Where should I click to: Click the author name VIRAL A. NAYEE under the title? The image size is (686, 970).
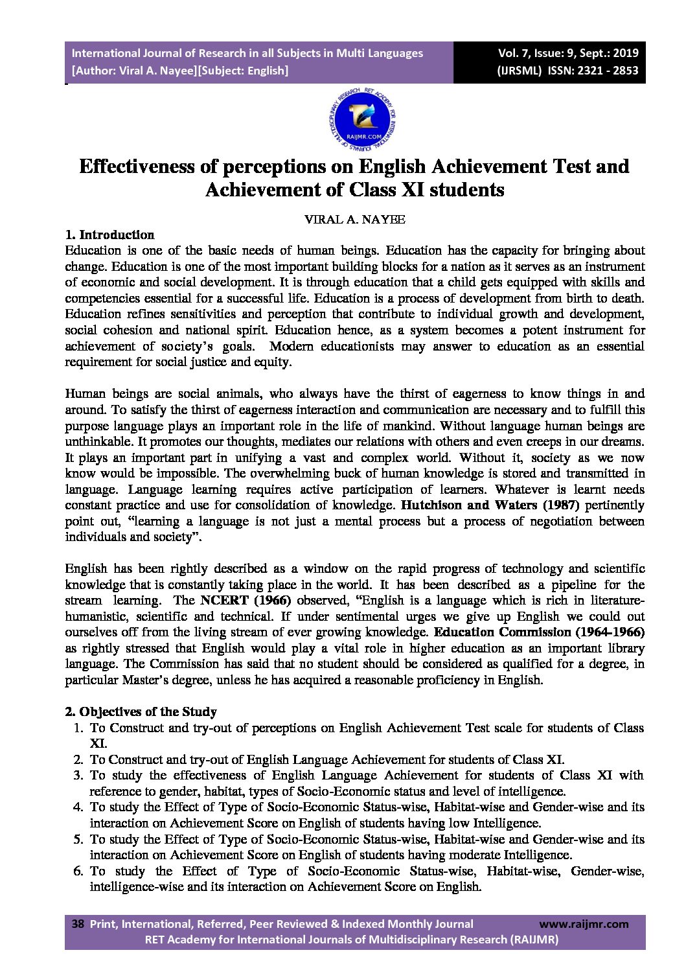[x=354, y=220]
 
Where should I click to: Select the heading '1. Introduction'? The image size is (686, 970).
[x=109, y=235]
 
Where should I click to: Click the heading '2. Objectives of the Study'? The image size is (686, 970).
[x=141, y=712]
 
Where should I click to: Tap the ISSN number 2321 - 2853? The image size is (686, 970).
[x=606, y=71]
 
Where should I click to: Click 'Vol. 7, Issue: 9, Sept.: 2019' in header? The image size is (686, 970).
[x=568, y=53]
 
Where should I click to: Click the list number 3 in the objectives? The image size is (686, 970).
[x=78, y=776]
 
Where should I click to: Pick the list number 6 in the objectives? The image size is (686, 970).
[x=78, y=872]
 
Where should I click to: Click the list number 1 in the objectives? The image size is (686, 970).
[x=78, y=728]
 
